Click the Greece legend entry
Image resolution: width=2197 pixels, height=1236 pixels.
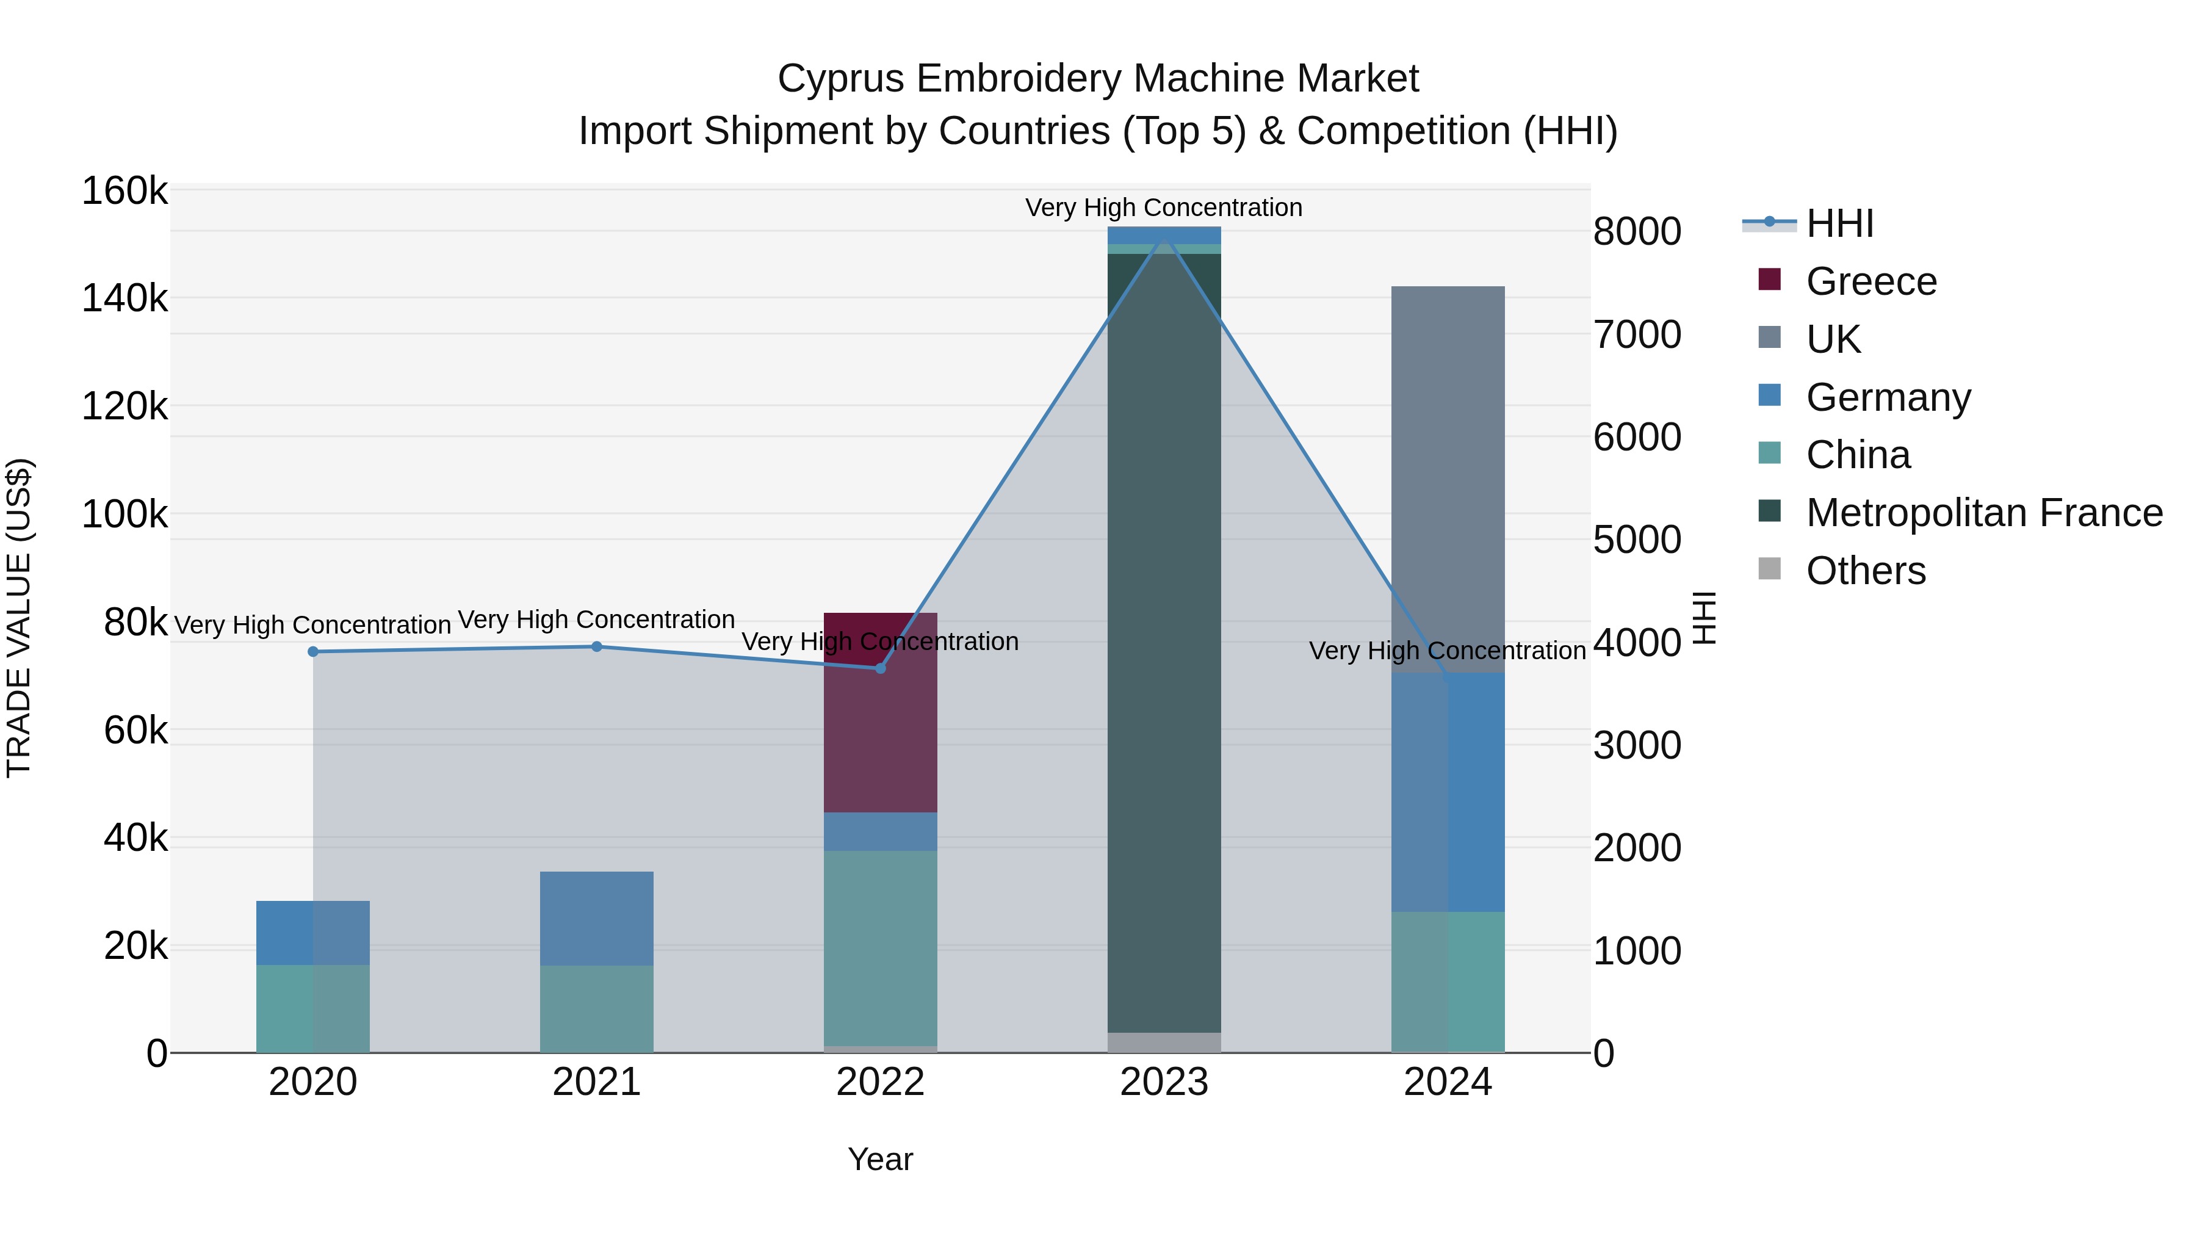(1847, 281)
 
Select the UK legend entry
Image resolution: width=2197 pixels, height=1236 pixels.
(1809, 339)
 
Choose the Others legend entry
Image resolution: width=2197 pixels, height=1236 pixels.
(1841, 570)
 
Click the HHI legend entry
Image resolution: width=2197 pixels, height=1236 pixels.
(1808, 223)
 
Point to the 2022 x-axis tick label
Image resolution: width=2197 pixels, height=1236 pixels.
(880, 1082)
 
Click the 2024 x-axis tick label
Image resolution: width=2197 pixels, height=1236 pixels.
(1448, 1082)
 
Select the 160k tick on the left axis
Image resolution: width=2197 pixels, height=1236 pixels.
(124, 190)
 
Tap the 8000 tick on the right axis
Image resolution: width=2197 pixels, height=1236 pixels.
(1637, 231)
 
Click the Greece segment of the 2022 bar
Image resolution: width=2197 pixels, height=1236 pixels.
(880, 712)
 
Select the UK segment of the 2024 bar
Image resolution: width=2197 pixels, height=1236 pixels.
(1448, 479)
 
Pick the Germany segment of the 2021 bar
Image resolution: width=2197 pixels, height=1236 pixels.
(596, 919)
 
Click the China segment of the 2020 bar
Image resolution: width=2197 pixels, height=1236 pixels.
(313, 1008)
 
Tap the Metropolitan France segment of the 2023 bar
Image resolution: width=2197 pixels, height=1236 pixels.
(1164, 643)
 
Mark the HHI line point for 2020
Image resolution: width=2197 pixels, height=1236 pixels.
(313, 652)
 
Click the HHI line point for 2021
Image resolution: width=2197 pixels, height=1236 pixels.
(597, 646)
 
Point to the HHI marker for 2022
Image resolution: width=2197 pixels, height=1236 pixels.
(880, 668)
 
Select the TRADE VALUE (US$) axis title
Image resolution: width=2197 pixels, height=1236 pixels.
(19, 618)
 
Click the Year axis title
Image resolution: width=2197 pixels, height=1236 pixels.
(880, 1159)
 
